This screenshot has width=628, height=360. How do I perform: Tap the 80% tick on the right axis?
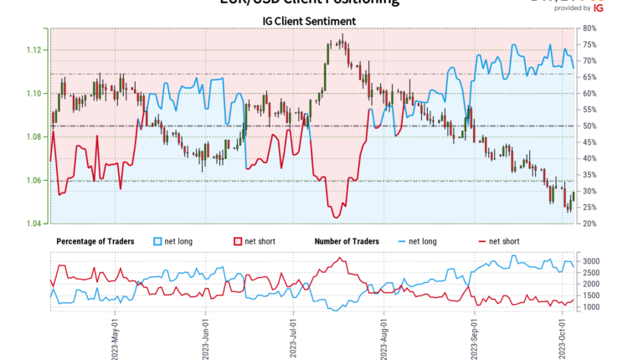[x=589, y=28]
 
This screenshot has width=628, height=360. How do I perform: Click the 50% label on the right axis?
[x=589, y=126]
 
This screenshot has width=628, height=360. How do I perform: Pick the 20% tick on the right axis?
[x=589, y=224]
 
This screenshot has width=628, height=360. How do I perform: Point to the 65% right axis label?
[x=589, y=77]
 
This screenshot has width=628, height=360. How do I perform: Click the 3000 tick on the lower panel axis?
[x=591, y=262]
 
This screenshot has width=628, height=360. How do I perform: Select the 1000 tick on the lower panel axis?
[x=591, y=307]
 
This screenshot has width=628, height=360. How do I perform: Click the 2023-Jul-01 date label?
[x=294, y=335]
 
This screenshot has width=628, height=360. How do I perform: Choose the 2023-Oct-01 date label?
[x=564, y=335]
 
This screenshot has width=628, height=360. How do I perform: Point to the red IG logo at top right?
[x=597, y=8]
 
